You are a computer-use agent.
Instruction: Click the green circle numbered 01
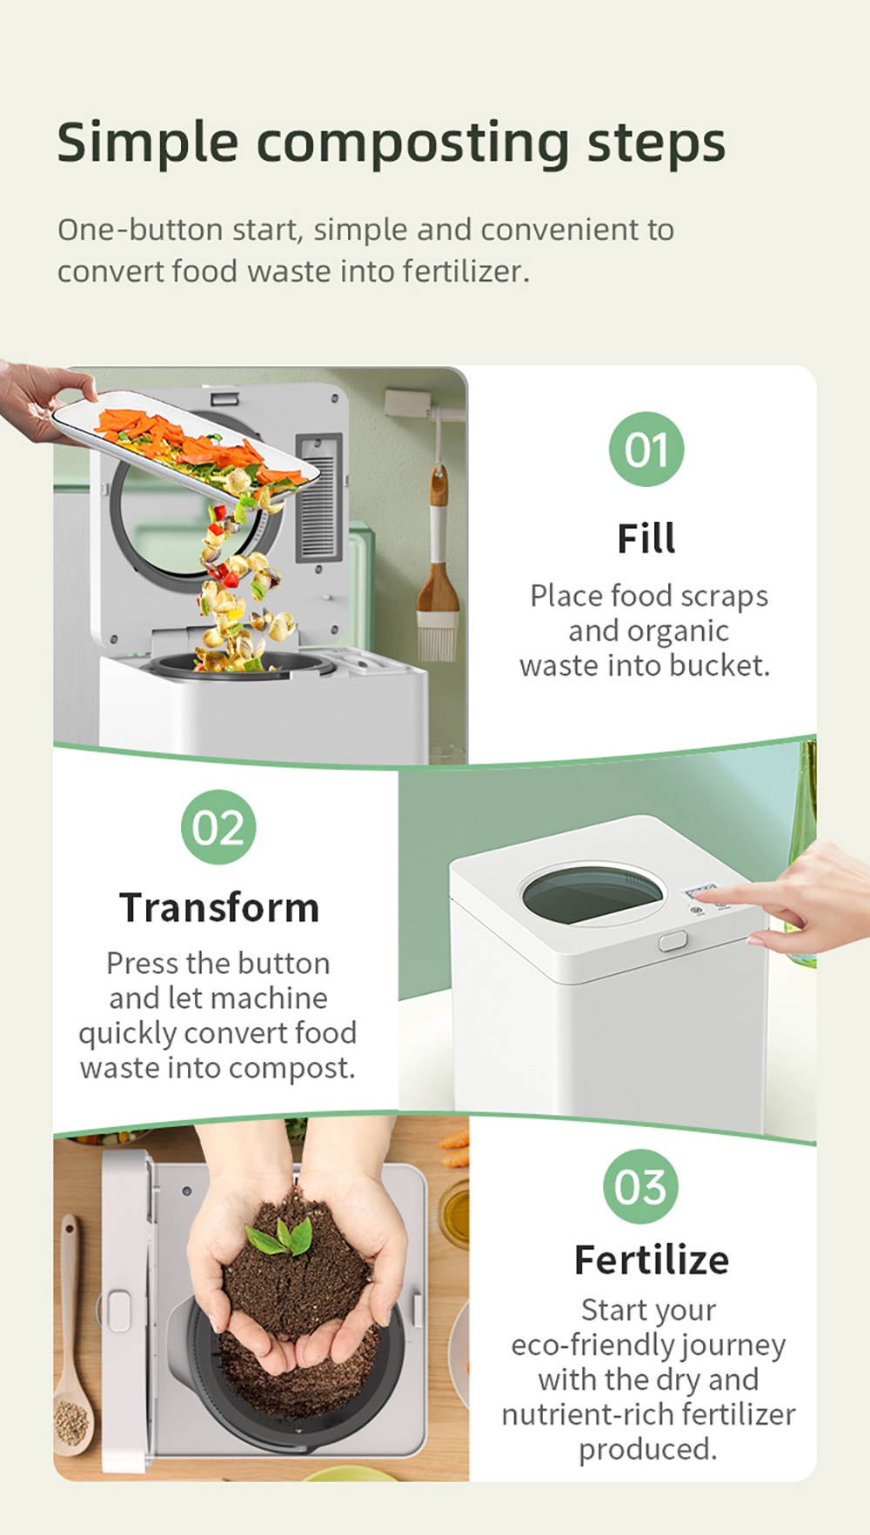click(x=646, y=450)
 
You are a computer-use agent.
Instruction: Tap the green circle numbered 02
click(x=218, y=827)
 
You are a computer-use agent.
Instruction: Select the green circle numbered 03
click(x=641, y=1186)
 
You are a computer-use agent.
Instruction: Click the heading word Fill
click(x=646, y=538)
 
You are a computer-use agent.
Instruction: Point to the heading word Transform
click(x=219, y=907)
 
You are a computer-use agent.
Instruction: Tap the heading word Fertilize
click(x=652, y=1259)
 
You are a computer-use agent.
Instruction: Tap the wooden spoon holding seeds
click(x=71, y=1339)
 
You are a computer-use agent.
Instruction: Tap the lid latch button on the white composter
click(x=673, y=941)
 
